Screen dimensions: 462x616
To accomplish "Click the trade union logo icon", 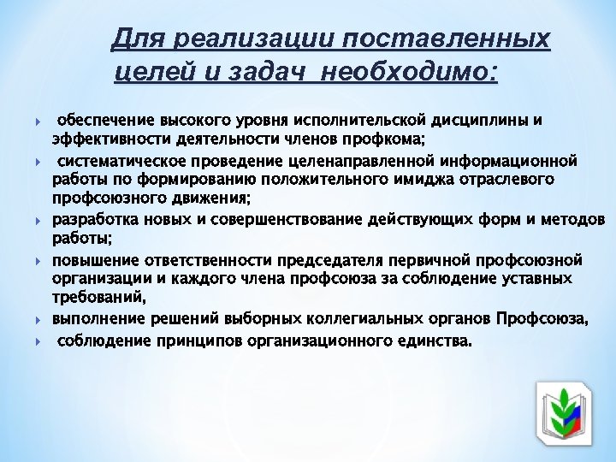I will pyautogui.click(x=563, y=410).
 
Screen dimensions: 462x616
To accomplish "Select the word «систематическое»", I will pyautogui.click(x=119, y=160).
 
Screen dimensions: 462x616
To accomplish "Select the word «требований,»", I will pyautogui.click(x=98, y=298).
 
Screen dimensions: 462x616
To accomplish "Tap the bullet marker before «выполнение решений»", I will pyautogui.click(x=39, y=320).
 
